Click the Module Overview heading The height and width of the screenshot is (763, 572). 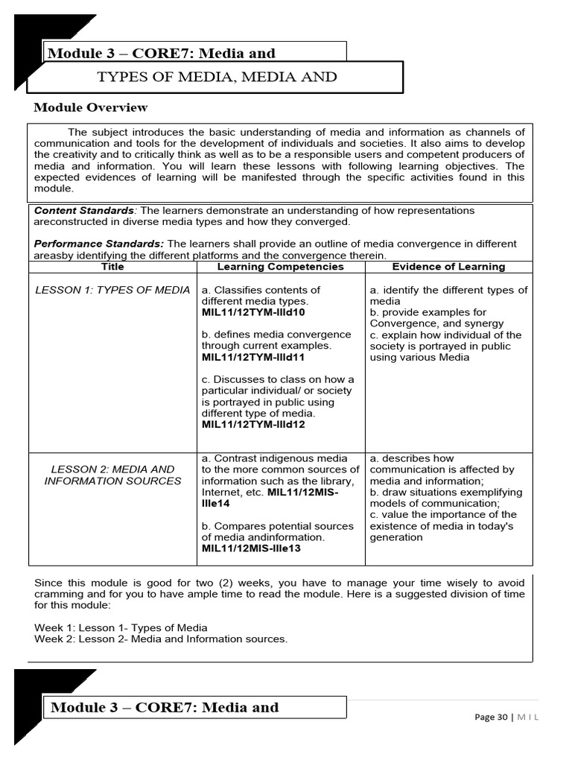(x=91, y=107)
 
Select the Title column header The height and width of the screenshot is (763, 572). (x=112, y=267)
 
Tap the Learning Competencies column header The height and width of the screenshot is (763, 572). (x=280, y=267)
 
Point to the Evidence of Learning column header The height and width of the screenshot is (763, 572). (x=448, y=267)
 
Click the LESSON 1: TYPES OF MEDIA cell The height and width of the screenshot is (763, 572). (x=112, y=290)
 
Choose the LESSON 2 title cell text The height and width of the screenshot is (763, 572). (x=112, y=475)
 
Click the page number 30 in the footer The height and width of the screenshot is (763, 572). (x=500, y=717)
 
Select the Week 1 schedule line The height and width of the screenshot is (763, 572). (x=121, y=627)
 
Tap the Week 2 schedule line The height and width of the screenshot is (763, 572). (x=160, y=639)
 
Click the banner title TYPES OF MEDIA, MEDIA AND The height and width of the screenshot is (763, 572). (x=217, y=77)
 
